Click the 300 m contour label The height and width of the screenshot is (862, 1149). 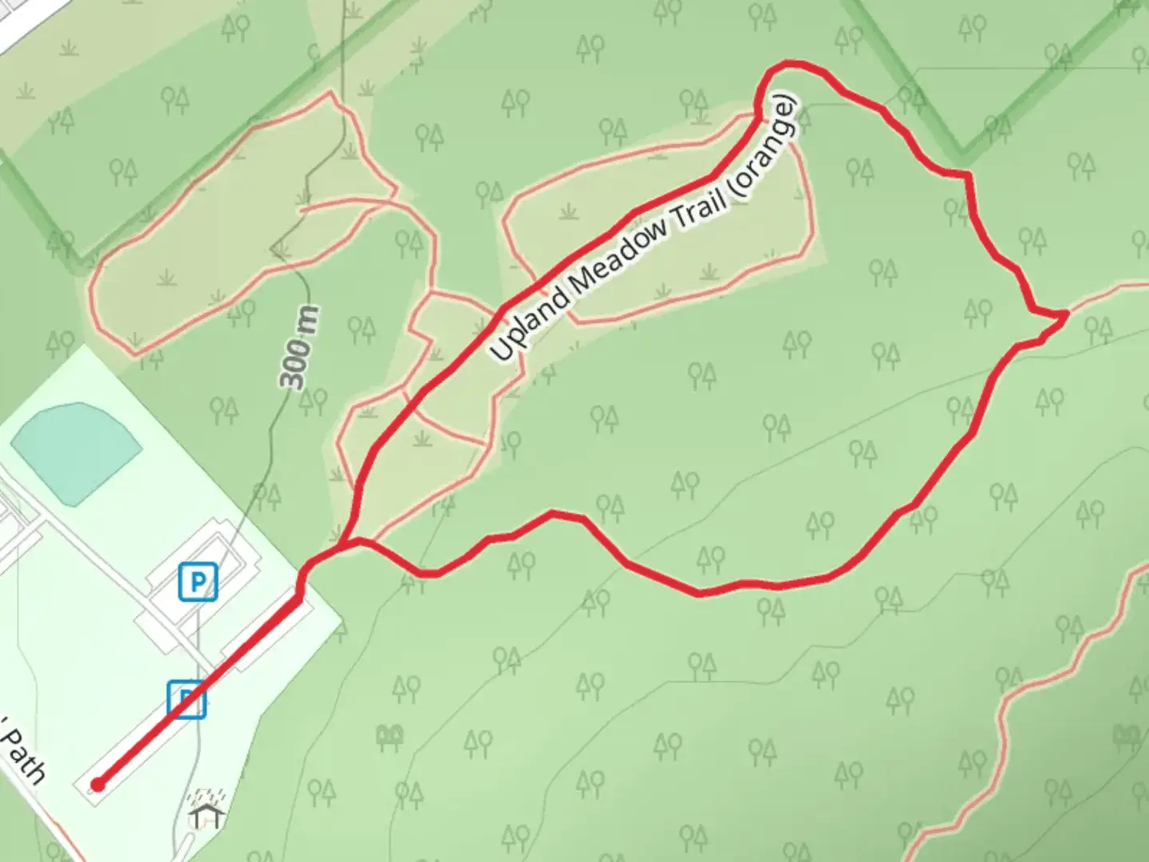point(300,347)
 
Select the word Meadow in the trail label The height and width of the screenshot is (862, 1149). point(618,254)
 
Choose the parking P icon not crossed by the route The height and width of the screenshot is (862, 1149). point(197,581)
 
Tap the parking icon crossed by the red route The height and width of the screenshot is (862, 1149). point(187,699)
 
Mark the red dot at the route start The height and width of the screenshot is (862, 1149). point(97,785)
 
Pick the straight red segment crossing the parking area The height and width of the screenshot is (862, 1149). point(199,690)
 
